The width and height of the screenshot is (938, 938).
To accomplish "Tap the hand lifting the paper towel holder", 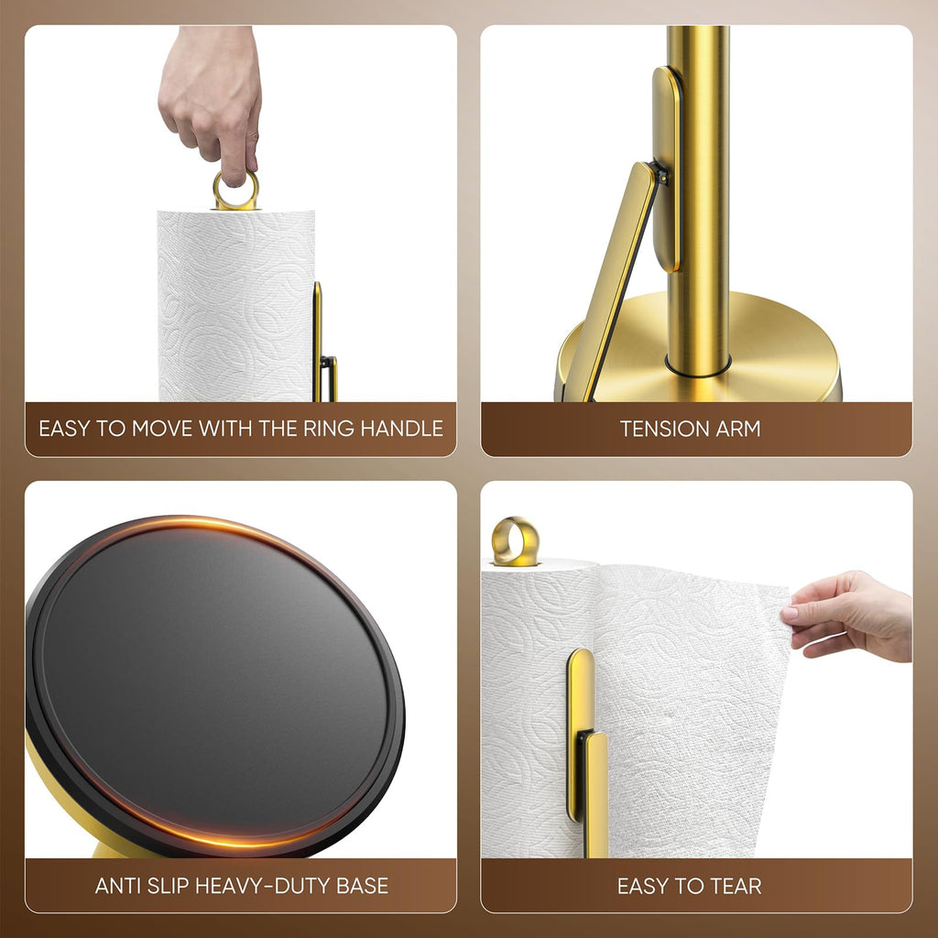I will (211, 101).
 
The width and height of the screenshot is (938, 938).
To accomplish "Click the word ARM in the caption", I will (740, 428).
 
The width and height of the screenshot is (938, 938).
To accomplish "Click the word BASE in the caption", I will (362, 886).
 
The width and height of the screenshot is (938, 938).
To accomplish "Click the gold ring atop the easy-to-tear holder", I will (515, 540).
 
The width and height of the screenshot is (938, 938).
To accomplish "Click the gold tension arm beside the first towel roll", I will (318, 339).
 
